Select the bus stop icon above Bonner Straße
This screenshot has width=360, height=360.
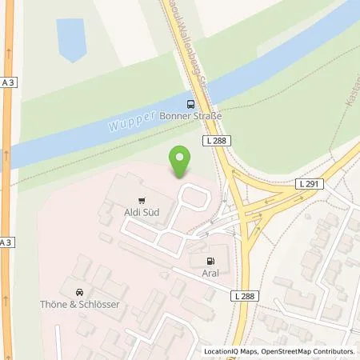[190, 103]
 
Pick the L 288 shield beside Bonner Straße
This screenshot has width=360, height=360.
[215, 141]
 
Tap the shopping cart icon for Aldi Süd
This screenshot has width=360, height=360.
[142, 201]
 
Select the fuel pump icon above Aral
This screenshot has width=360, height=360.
[211, 261]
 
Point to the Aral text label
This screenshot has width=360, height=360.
[211, 273]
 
